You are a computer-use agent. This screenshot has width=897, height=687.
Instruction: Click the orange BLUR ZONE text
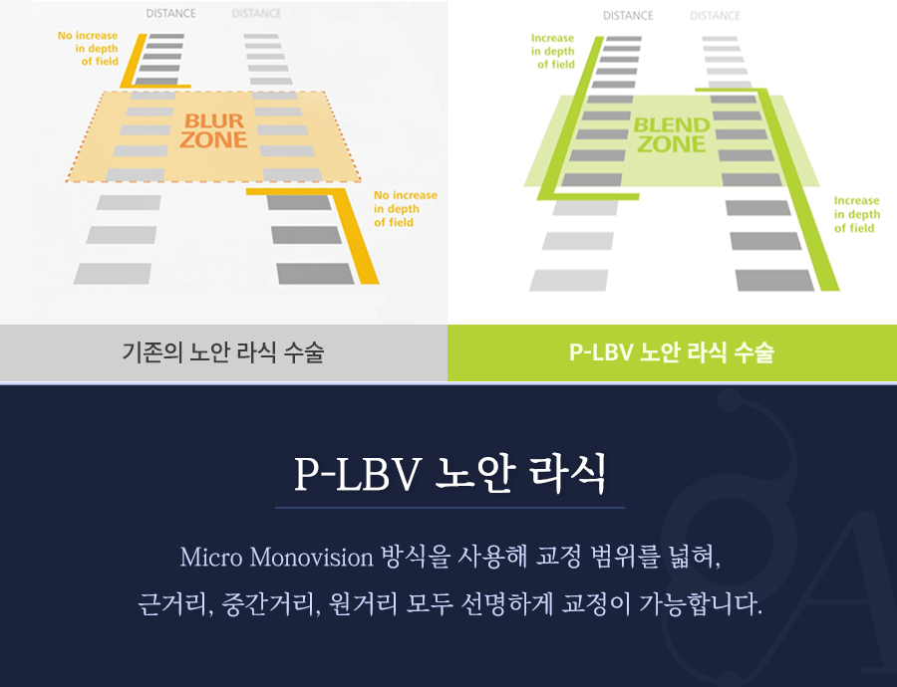tap(213, 130)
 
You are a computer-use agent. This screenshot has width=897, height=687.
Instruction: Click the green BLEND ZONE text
tap(671, 135)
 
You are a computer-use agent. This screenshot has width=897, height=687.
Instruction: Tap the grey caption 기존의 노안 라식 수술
tap(223, 352)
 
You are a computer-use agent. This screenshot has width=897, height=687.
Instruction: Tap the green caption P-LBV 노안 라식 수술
tap(671, 352)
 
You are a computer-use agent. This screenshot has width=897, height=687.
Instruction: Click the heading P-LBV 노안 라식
tap(449, 475)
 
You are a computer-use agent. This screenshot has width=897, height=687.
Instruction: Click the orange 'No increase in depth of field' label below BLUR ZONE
tap(405, 209)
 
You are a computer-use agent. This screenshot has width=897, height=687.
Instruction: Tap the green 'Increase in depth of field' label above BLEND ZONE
tap(553, 51)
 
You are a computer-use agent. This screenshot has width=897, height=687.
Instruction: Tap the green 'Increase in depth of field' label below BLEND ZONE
tap(857, 214)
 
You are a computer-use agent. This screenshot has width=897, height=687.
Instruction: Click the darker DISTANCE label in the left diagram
tap(170, 14)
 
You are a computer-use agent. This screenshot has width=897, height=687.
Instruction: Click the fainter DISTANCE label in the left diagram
tap(256, 14)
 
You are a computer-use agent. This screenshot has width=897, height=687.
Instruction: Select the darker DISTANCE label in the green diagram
tap(628, 15)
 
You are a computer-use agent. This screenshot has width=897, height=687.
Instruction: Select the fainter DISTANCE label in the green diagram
tap(715, 15)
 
